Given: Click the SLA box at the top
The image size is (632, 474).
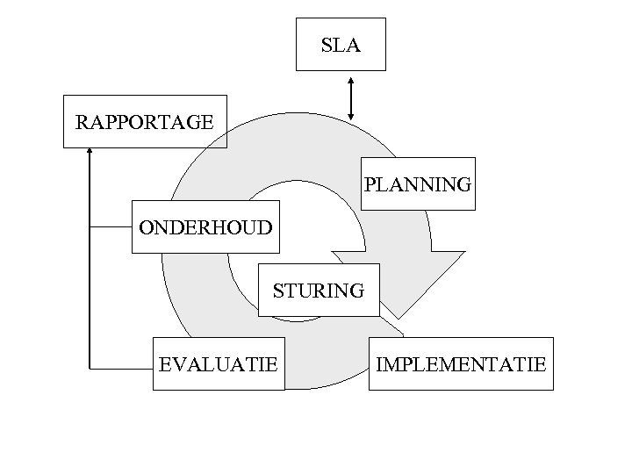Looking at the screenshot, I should (x=341, y=44).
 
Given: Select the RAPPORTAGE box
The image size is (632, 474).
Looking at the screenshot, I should (x=145, y=122).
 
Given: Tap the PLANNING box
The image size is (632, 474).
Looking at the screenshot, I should (x=418, y=184).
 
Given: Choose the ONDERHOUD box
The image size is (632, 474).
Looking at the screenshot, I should (x=205, y=227).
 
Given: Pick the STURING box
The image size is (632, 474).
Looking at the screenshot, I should (x=319, y=290).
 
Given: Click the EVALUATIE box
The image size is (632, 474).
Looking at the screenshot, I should (x=219, y=363).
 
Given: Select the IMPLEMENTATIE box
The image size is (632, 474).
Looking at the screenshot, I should (x=461, y=363).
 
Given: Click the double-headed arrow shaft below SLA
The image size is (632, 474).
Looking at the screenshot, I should (x=351, y=98).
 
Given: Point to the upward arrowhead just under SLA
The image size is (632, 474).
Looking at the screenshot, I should (x=351, y=81).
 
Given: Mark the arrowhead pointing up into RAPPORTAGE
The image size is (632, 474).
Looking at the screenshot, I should (x=90, y=152).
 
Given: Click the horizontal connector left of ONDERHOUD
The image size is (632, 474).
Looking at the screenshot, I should (x=111, y=227).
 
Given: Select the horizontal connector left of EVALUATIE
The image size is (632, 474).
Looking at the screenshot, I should (x=121, y=369).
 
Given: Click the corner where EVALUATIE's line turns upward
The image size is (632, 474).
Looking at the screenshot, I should (x=90, y=369).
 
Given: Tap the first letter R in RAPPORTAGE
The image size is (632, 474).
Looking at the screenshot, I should (x=82, y=122).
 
